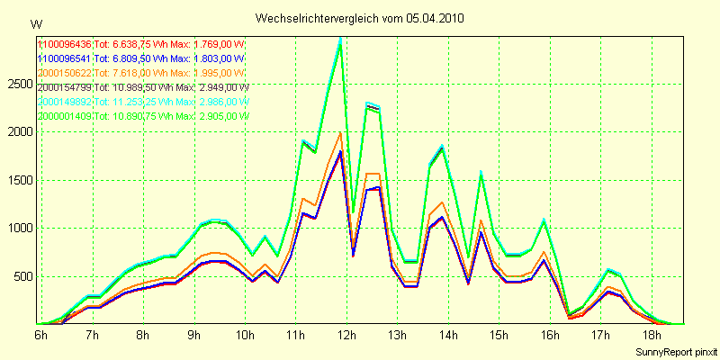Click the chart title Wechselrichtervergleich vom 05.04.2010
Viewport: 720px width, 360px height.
point(360,18)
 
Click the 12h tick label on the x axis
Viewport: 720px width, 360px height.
point(346,335)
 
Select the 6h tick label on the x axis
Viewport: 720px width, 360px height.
point(41,335)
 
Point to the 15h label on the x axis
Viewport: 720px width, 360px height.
point(499,335)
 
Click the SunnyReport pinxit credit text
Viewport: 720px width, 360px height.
point(673,349)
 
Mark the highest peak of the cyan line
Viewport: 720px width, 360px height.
point(340,39)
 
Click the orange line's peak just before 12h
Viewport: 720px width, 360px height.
point(340,134)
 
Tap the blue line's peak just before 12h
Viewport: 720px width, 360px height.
point(340,151)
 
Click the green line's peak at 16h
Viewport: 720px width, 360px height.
point(544,220)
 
